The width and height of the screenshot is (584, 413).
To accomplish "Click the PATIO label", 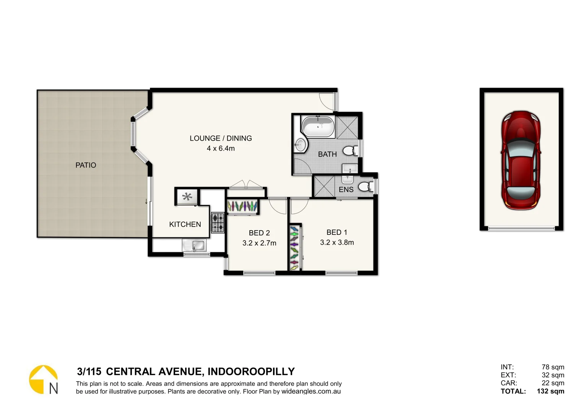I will (x=86, y=165).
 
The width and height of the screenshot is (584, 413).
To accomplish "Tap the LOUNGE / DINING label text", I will (x=221, y=138).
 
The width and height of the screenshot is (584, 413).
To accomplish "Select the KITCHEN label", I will (x=185, y=224).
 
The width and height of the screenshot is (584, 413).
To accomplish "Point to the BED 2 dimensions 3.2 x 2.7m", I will (x=259, y=243).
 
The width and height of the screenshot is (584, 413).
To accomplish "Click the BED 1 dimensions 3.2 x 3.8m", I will (x=337, y=242).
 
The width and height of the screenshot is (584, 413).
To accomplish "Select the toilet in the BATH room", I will (x=350, y=151).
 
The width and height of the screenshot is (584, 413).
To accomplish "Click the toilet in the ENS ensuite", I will (x=365, y=187).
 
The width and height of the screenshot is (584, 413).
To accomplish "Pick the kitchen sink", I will (x=194, y=245).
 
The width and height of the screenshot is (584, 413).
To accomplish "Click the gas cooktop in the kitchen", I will (x=218, y=223).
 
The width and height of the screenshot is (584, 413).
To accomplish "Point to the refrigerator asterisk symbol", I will (x=187, y=197).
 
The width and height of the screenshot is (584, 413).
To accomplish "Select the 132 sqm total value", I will (x=550, y=391).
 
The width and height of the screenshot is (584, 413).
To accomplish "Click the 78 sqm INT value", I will (x=553, y=367).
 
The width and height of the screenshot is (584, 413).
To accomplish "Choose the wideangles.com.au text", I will (x=311, y=392).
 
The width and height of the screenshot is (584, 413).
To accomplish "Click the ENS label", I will (x=346, y=190).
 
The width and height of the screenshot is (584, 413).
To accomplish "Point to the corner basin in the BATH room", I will (x=301, y=145).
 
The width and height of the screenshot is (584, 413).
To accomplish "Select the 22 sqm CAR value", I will (x=553, y=383).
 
